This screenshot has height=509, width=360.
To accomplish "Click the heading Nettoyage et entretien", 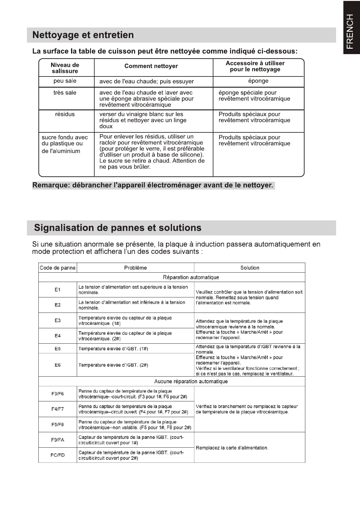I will (x=83, y=35).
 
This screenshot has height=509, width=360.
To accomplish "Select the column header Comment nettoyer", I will (x=151, y=66).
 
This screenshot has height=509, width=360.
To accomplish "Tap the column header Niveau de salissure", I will (x=65, y=68).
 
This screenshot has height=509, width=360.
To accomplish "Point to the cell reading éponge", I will (x=258, y=81).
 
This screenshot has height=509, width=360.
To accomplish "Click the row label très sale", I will (x=65, y=93).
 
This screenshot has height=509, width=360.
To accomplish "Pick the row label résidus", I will (x=65, y=114).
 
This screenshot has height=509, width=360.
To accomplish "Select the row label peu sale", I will (x=65, y=81).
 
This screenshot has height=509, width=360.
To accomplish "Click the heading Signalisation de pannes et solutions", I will (x=118, y=228).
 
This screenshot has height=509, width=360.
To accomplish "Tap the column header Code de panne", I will (x=57, y=268).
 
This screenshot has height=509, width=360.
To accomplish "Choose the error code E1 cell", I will (x=57, y=290).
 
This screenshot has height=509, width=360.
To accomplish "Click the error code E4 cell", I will (x=57, y=336).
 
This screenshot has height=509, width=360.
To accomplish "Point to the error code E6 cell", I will (x=57, y=365).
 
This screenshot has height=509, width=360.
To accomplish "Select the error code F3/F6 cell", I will (x=57, y=394).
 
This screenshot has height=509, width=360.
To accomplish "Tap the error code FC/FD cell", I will (x=57, y=455).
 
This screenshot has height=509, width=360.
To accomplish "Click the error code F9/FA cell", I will (x=57, y=440).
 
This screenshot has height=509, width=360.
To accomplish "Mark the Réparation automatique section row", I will (x=191, y=277).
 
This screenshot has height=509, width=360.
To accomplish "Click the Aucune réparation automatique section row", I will (x=191, y=381).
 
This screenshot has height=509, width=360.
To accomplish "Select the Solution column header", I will (x=250, y=268).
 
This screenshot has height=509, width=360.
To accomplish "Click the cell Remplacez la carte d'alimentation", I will (x=232, y=448).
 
